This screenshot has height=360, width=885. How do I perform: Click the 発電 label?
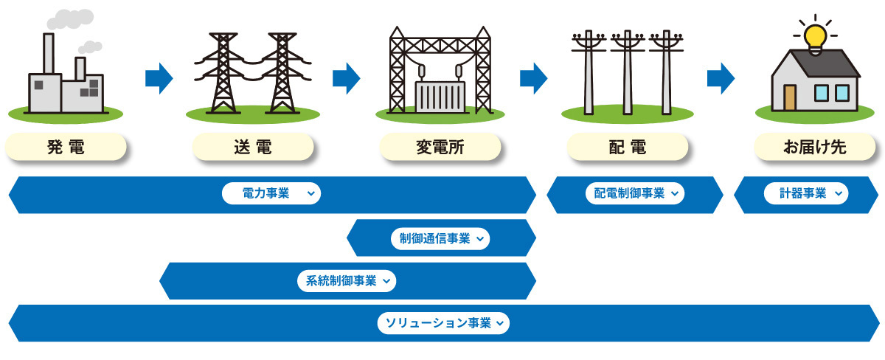(x=66, y=148)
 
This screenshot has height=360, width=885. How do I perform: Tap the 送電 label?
(x=253, y=148)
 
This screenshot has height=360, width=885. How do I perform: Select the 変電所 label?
(x=440, y=148)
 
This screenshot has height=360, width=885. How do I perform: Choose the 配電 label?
(x=628, y=148)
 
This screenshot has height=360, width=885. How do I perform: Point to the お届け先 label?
(x=815, y=148)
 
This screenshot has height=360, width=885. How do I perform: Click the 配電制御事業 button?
(x=635, y=194)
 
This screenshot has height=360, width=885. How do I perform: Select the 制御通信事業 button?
(x=440, y=238)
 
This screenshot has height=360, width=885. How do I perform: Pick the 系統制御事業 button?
(x=346, y=280)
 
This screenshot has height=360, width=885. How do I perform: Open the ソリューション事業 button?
(x=443, y=323)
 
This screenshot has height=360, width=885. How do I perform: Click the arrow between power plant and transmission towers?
(x=159, y=77)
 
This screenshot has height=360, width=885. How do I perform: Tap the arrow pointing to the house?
(x=721, y=77)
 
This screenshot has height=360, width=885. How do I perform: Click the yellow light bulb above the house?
(x=815, y=35)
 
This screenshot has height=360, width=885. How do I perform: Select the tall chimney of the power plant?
(x=49, y=55)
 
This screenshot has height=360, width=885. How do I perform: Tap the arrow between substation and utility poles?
(x=533, y=77)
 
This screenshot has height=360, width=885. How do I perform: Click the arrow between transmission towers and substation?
(x=346, y=77)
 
